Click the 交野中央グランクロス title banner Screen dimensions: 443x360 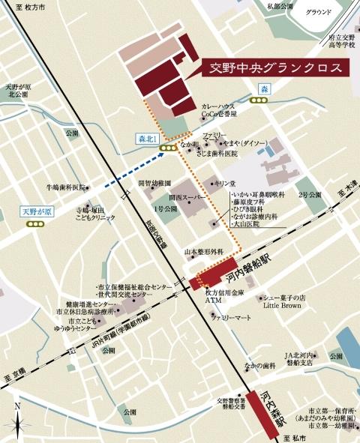click(275, 67)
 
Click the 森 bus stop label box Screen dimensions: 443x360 click(264, 89)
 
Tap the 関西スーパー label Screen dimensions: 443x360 click(186, 197)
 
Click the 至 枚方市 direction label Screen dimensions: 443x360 click(20, 6)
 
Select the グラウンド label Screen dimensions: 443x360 click(319, 12)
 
